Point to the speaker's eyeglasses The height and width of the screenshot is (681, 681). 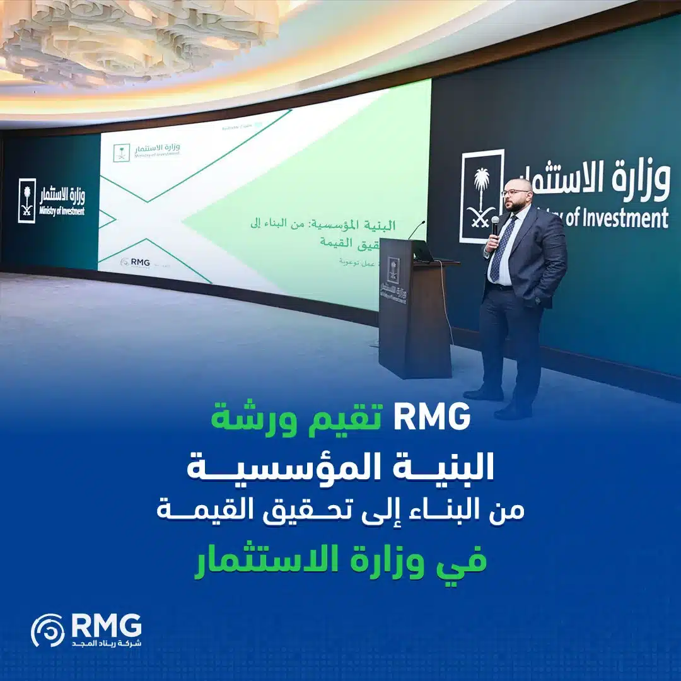coord(516,192)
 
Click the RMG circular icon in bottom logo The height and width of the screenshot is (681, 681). coord(47,630)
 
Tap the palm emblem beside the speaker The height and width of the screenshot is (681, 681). coord(482,195)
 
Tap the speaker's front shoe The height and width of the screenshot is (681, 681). coord(513,411)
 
